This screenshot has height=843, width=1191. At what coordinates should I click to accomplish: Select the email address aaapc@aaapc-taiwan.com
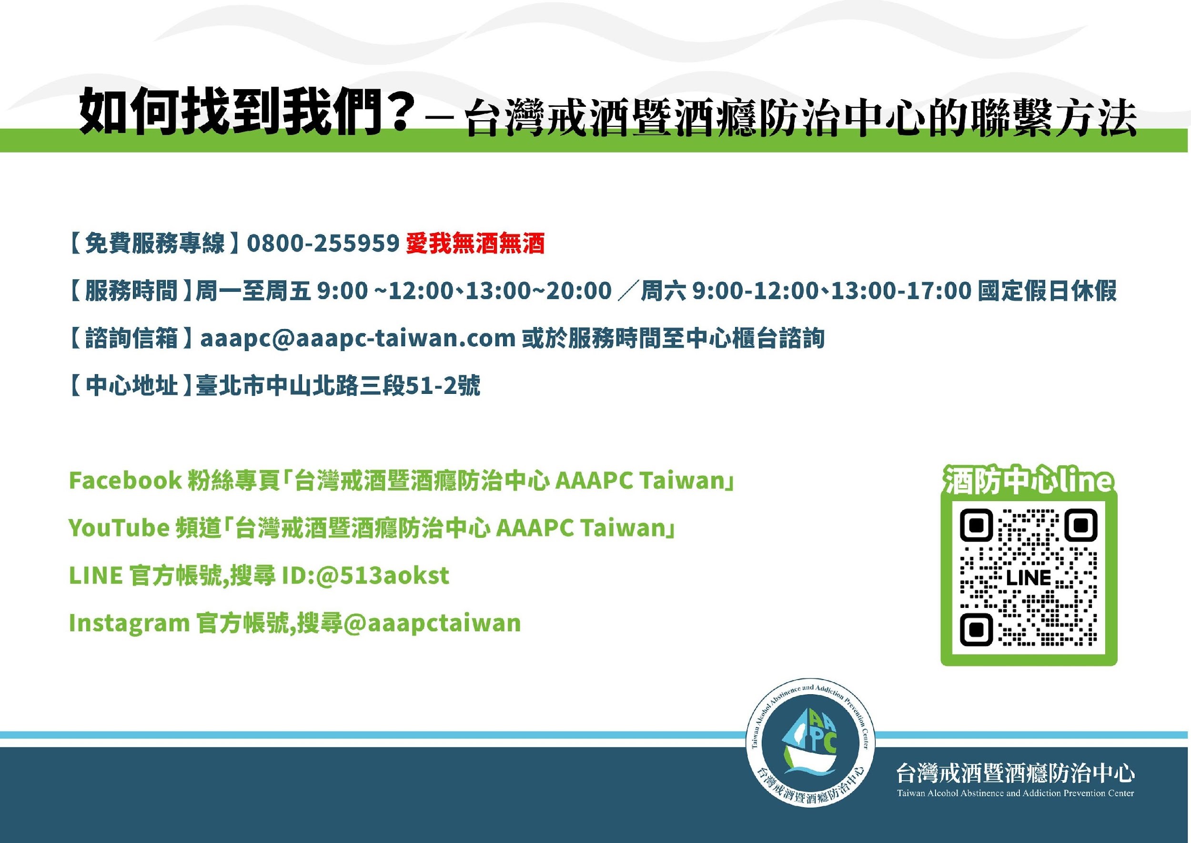pos(357,339)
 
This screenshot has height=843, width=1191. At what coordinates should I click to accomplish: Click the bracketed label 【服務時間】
pos(129,291)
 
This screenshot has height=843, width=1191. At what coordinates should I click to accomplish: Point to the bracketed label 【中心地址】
pos(129,386)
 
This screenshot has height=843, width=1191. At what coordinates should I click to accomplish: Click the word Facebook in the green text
pos(125,480)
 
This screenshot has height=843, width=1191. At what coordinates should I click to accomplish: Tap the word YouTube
pos(119,528)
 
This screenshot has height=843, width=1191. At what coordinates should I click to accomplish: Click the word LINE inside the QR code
pos(1029,578)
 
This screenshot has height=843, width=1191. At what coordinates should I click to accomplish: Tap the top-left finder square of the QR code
pos(976,525)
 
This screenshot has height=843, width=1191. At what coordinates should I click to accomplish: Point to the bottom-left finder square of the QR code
pos(976,630)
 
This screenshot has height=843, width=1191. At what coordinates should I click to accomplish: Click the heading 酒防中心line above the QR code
pos(1029,480)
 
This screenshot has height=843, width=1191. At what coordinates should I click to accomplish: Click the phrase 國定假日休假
pos(1047,291)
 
